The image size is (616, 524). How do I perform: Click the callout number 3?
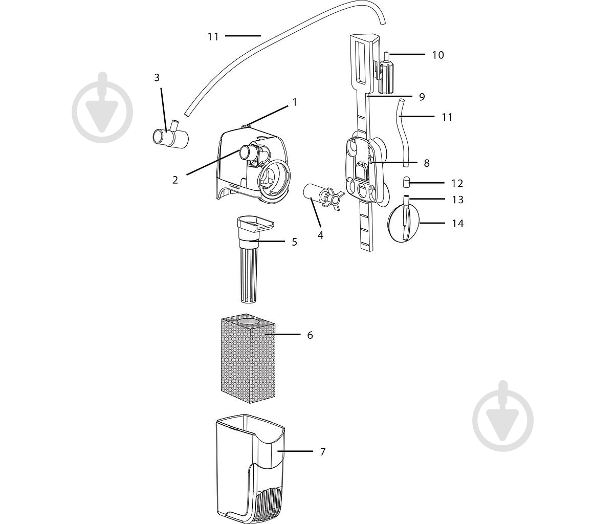coord(157,78)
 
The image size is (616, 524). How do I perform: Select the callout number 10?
coord(438,55)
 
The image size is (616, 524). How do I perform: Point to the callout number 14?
coord(458,224)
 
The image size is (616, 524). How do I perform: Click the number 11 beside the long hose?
coord(213,37)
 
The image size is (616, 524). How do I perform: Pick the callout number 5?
coord(294,242)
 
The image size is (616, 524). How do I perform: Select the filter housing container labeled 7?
coord(250,468)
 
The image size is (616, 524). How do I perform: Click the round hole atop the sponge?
coord(248,321)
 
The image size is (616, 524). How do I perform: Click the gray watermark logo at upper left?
coord(102,107)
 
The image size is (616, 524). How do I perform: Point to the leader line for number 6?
coord(282,335)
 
